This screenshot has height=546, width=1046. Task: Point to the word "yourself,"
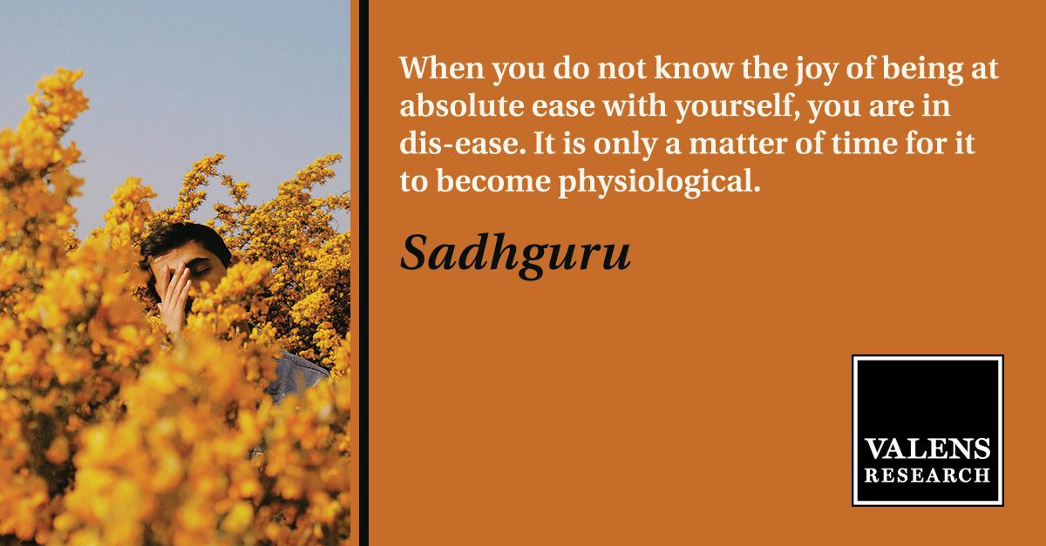pos(737,108)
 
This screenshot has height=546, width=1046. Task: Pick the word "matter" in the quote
pos(737,144)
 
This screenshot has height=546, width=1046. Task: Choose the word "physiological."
pos(659,183)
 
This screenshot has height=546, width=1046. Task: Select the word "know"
pos(694,68)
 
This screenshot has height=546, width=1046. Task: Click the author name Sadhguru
pos(515,255)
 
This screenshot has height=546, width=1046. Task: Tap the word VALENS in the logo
pos(927,449)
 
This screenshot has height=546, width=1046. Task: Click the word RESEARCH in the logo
pos(927,476)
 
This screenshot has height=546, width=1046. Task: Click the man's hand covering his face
pos(174,299)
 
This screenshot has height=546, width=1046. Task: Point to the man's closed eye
pos(200,271)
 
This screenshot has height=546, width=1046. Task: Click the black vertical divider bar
pos(363,273)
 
